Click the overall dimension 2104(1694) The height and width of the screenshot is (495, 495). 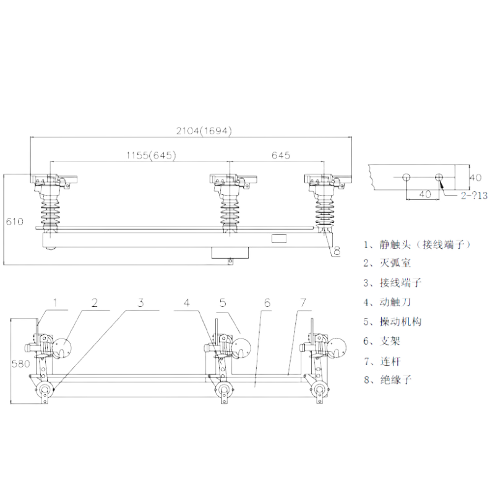tap(204, 131)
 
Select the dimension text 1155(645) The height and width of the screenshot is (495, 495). tap(151, 155)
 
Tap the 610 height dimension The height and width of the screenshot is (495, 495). tap(15, 222)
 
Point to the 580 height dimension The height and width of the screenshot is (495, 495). tap(20, 364)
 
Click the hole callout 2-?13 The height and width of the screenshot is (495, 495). tap(474, 196)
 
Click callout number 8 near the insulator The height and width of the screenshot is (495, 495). tap(337, 251)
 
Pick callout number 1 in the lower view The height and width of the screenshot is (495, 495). tap(56, 303)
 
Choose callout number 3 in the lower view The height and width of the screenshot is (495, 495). tap(141, 303)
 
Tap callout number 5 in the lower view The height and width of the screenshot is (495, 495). tap(223, 303)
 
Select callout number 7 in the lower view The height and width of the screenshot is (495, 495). tap(303, 303)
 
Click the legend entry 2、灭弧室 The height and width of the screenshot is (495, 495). tap(387, 263)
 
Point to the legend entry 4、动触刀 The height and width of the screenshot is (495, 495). tap(387, 302)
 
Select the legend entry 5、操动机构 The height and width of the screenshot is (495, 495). tap(392, 322)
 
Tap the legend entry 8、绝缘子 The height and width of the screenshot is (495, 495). tap(388, 379)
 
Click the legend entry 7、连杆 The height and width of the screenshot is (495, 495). tap(382, 361)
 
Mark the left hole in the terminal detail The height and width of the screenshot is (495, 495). tap(406, 177)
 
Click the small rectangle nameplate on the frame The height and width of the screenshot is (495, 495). tap(279, 238)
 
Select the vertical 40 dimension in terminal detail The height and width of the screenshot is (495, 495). tap(475, 178)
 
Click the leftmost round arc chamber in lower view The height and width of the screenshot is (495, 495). tap(62, 348)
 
